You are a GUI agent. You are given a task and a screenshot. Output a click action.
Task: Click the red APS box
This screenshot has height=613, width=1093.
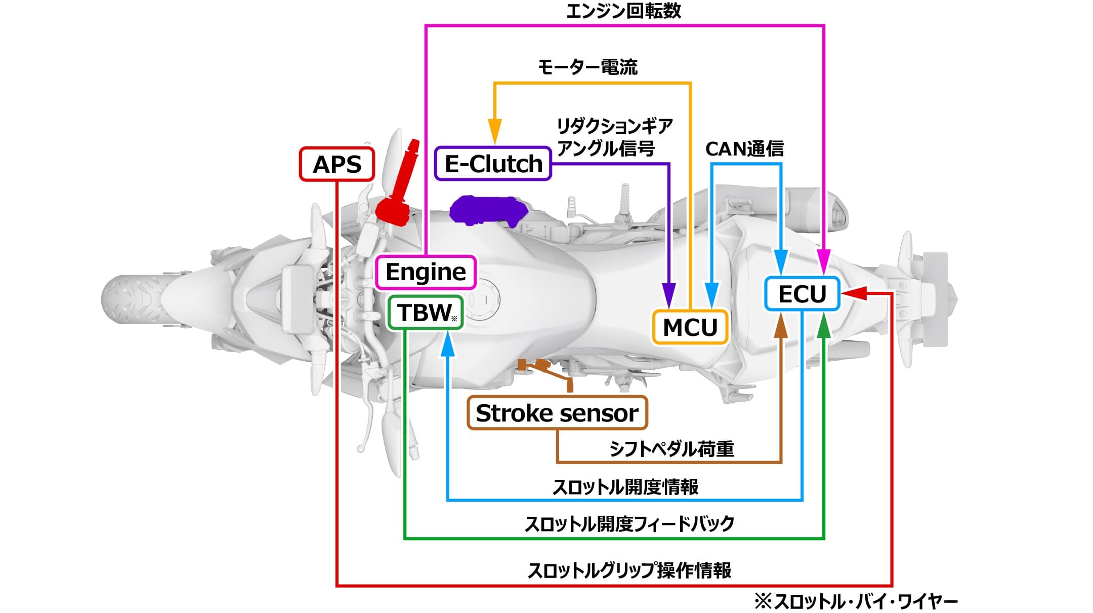tap(337, 164)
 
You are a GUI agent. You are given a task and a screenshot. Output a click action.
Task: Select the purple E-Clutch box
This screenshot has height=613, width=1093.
tap(493, 164)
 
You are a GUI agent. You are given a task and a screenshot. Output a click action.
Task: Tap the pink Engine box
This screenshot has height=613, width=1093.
tap(425, 272)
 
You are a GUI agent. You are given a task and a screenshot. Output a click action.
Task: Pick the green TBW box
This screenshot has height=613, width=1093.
tap(425, 313)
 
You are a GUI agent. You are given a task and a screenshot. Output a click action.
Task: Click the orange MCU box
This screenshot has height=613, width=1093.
tap(690, 327)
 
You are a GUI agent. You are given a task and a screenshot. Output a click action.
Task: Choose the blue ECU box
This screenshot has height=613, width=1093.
tap(802, 294)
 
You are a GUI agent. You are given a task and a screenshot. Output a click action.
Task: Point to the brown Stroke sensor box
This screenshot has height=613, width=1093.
tap(557, 413)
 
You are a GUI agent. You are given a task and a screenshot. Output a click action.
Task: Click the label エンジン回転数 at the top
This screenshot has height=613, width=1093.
tap(623, 11)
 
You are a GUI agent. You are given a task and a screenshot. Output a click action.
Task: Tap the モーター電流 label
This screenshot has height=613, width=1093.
tap(587, 67)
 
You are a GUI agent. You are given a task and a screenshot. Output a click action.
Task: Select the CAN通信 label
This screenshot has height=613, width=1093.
tap(744, 149)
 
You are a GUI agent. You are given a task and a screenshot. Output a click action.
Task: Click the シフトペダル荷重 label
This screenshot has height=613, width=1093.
tap(671, 449)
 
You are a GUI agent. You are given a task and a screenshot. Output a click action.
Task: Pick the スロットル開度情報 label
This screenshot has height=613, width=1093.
tap(625, 487)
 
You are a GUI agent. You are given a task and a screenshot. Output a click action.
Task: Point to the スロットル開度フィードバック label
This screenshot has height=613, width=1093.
tap(629, 524)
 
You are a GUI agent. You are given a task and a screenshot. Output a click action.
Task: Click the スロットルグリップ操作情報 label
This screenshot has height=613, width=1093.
tap(629, 570)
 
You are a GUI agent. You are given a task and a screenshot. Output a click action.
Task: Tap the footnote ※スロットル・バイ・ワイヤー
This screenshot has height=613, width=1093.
tap(856, 602)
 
